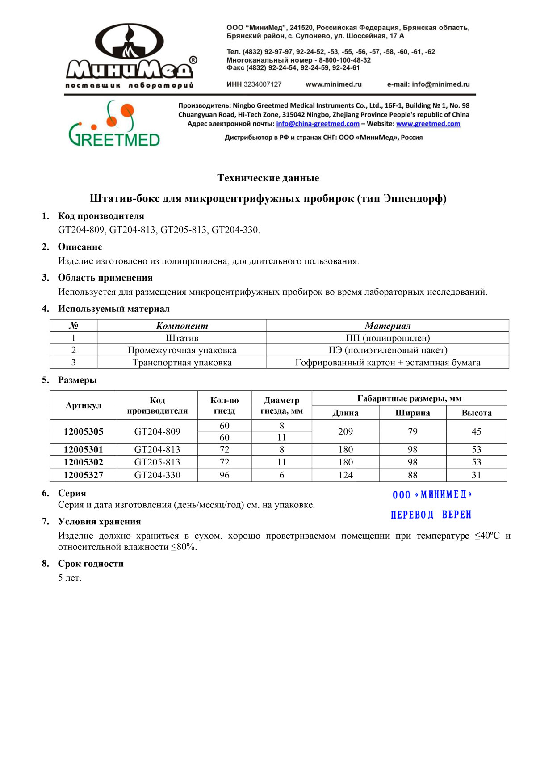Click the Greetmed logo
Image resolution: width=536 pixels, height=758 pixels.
tap(114, 124)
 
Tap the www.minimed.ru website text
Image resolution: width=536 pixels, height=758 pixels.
tap(333, 84)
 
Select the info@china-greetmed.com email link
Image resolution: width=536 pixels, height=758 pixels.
tap(318, 124)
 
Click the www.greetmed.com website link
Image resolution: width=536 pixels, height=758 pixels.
tap(428, 124)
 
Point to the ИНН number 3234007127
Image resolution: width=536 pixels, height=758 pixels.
tap(262, 84)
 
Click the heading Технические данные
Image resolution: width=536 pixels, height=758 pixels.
tap(268, 178)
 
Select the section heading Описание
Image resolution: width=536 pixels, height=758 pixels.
tap(80, 247)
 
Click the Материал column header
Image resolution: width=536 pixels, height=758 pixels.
tap(387, 326)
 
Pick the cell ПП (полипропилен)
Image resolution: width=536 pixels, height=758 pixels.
tap(387, 338)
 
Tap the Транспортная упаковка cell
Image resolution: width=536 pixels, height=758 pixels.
tap(182, 362)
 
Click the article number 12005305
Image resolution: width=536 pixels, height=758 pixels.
tap(83, 431)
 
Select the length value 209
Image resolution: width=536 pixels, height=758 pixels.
tap(345, 431)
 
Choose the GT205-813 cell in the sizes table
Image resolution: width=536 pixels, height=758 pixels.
tap(157, 462)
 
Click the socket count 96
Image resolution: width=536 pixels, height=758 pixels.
tap(224, 475)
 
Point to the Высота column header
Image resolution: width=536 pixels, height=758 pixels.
tap(476, 413)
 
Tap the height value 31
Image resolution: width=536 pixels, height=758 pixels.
tap(476, 475)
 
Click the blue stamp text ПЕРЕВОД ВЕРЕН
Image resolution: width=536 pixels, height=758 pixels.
tap(431, 515)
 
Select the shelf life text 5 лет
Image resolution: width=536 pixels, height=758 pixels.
tap(70, 578)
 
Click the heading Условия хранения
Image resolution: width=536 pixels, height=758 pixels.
tap(99, 521)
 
